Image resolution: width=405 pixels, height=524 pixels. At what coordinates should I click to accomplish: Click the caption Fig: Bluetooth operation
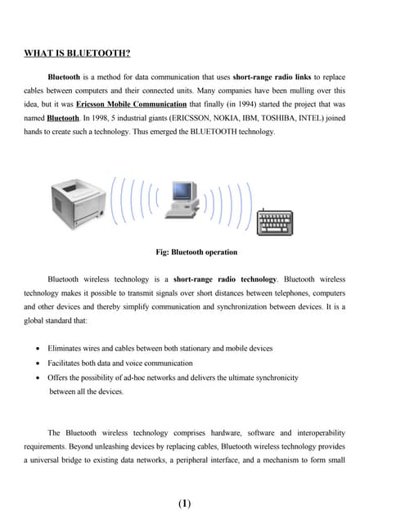[x=196, y=252]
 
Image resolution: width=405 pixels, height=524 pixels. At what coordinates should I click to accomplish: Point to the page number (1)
[x=184, y=504]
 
